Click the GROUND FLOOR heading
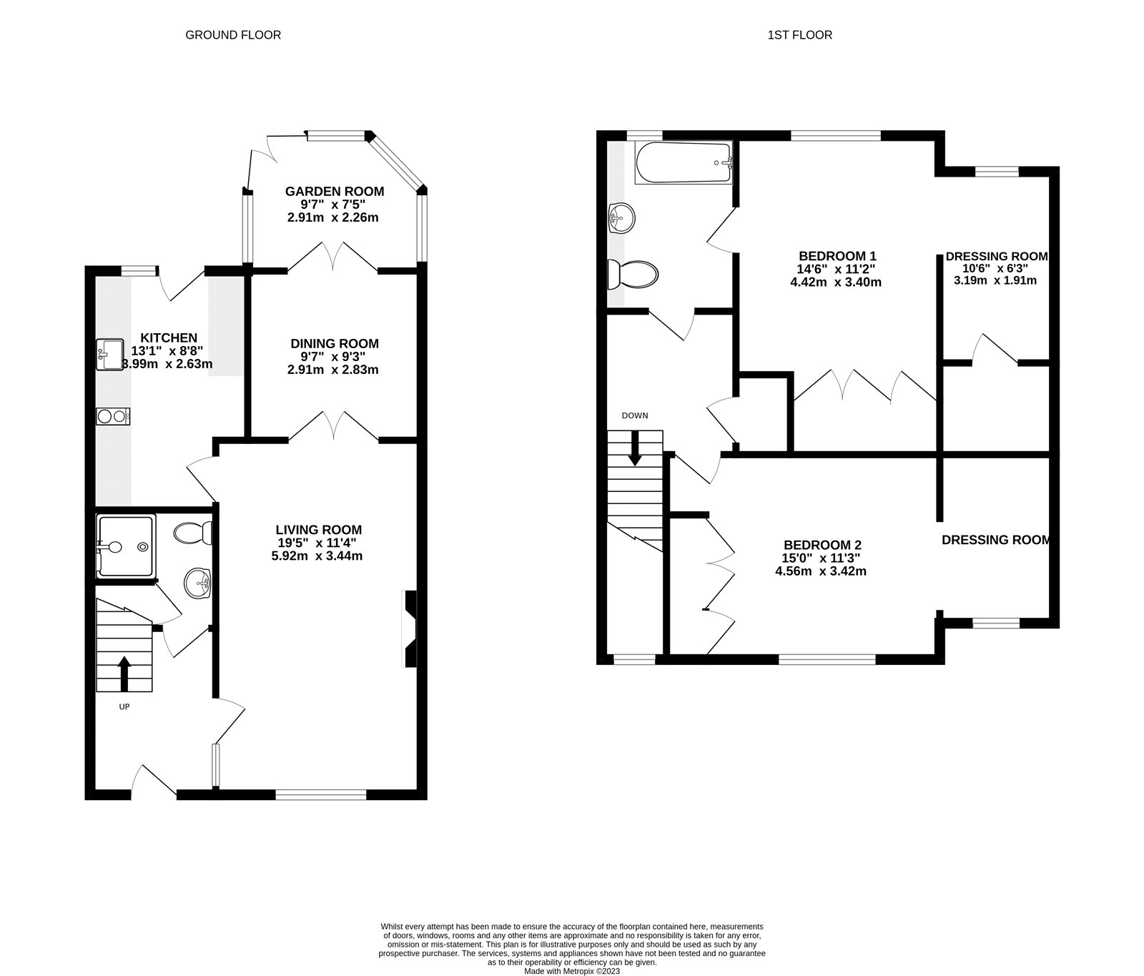(233, 35)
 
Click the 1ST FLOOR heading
(799, 35)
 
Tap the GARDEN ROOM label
(334, 192)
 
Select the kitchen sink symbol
(110, 355)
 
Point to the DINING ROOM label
(334, 344)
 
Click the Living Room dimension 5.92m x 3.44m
(317, 556)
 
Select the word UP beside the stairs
(124, 706)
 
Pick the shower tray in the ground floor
(125, 547)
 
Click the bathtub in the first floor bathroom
(684, 162)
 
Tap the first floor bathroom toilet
(632, 274)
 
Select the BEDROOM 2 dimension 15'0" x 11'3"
(821, 558)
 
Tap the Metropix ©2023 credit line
(572, 971)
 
